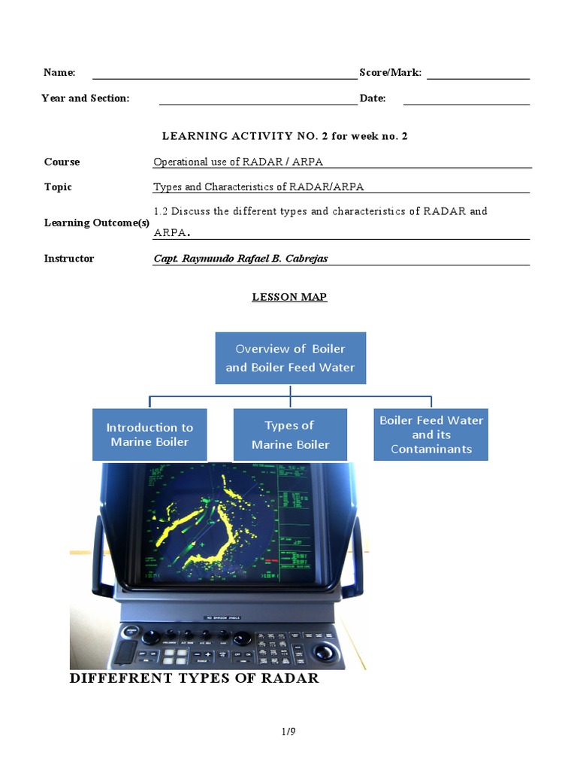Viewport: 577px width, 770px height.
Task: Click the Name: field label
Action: click(x=59, y=73)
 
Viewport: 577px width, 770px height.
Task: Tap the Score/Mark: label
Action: click(x=390, y=73)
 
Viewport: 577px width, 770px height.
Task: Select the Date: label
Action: click(x=372, y=99)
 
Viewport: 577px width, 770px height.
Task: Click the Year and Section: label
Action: click(x=86, y=99)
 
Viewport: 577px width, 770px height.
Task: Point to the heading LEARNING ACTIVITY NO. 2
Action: click(x=285, y=136)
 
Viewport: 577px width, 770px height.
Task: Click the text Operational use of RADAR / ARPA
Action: click(x=238, y=162)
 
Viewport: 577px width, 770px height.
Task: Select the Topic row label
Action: click(x=58, y=187)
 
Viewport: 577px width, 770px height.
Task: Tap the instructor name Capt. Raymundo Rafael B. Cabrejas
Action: click(x=240, y=259)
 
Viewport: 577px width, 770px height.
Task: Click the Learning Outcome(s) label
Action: click(x=97, y=223)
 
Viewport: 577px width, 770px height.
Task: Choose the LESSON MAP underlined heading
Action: click(x=289, y=297)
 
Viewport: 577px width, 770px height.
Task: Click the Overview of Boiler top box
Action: click(x=290, y=358)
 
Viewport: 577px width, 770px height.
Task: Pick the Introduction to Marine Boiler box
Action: click(x=150, y=435)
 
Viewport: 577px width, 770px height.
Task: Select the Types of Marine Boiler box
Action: click(x=290, y=435)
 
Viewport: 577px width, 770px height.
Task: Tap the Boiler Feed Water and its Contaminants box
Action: click(x=430, y=435)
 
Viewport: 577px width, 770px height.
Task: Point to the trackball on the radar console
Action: click(x=325, y=650)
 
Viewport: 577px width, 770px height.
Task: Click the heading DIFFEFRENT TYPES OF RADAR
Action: click(x=194, y=678)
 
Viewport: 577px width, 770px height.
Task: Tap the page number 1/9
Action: click(x=288, y=730)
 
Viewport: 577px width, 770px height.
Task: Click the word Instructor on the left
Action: click(x=69, y=259)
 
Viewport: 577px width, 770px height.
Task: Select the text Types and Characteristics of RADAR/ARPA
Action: click(x=258, y=187)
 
